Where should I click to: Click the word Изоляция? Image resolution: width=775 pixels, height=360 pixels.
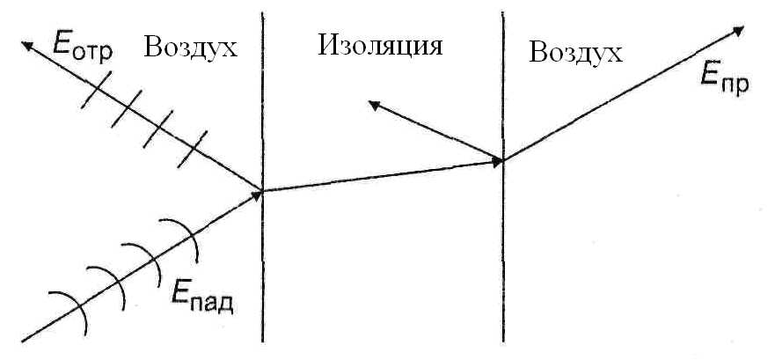tap(379, 45)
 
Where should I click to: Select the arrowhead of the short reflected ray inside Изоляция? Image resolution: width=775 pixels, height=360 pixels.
tap(375, 105)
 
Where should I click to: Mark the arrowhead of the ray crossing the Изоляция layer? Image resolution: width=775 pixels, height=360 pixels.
tap(497, 161)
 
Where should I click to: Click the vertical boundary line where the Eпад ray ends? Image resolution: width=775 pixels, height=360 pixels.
tap(262, 264)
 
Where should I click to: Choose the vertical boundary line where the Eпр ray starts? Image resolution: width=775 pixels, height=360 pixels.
tap(502, 264)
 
